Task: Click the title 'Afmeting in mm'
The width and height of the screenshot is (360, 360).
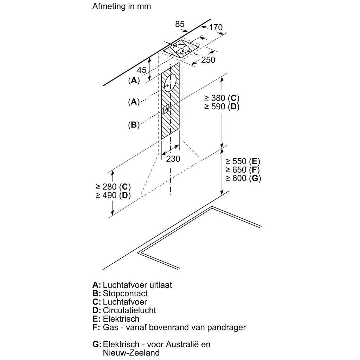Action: (122, 7)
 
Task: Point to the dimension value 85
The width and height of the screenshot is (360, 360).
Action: (180, 24)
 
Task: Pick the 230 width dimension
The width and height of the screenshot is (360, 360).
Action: (173, 159)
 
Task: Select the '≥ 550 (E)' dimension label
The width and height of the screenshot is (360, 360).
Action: (243, 161)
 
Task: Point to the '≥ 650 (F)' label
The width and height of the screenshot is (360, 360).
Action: (243, 170)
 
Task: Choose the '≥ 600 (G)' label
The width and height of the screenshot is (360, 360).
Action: (243, 178)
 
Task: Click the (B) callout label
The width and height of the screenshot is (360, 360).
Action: (134, 124)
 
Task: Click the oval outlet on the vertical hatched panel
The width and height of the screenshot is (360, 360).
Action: (170, 83)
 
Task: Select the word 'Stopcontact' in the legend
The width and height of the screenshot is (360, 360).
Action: (125, 293)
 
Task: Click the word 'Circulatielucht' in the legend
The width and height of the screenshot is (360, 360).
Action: (129, 310)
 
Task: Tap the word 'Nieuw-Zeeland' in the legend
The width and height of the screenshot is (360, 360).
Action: (131, 353)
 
